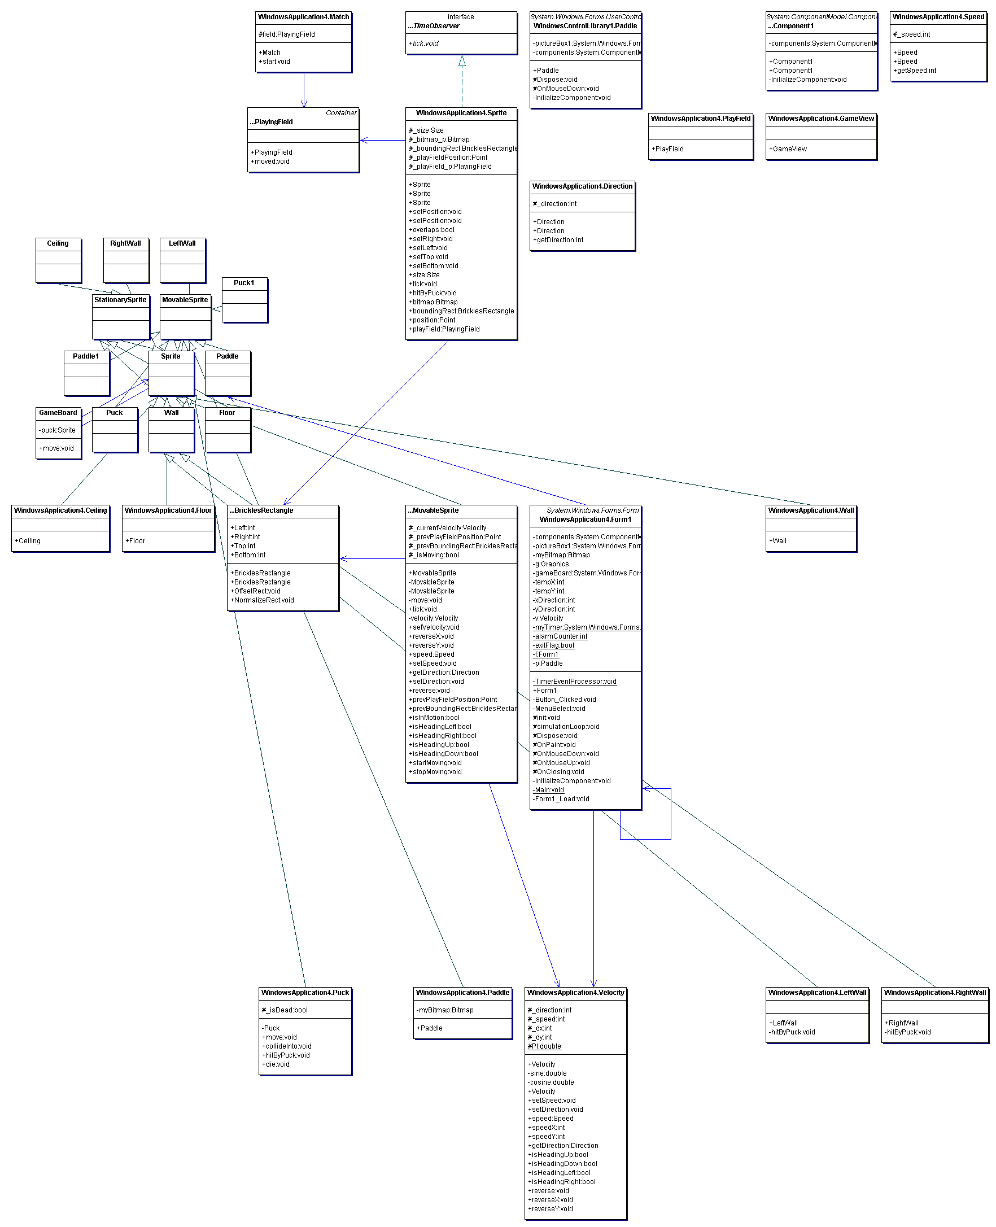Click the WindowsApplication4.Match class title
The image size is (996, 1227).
(x=304, y=17)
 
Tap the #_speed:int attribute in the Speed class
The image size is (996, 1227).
(x=912, y=34)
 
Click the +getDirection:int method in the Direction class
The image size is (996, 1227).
(x=558, y=241)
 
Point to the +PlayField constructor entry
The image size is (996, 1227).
(x=669, y=149)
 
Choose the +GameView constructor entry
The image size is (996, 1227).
(x=789, y=149)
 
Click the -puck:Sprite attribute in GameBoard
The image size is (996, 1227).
(x=58, y=430)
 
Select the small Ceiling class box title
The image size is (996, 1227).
(x=58, y=244)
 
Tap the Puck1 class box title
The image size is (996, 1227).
(x=244, y=283)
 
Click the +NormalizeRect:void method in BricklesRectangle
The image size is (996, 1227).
(x=263, y=601)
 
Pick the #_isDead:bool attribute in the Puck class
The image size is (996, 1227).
(x=285, y=1010)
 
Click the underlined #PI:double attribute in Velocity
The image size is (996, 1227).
(x=544, y=1046)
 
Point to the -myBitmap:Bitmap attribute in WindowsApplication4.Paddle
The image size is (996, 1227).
(x=445, y=1010)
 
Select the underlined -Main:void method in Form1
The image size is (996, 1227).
(x=549, y=790)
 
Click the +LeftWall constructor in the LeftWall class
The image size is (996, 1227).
(x=784, y=1023)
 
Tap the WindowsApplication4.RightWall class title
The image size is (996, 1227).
(x=934, y=992)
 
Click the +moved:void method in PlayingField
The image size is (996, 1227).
(x=271, y=161)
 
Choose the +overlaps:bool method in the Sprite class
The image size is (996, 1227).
(x=431, y=230)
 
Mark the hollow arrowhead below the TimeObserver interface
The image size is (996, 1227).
(x=462, y=62)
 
